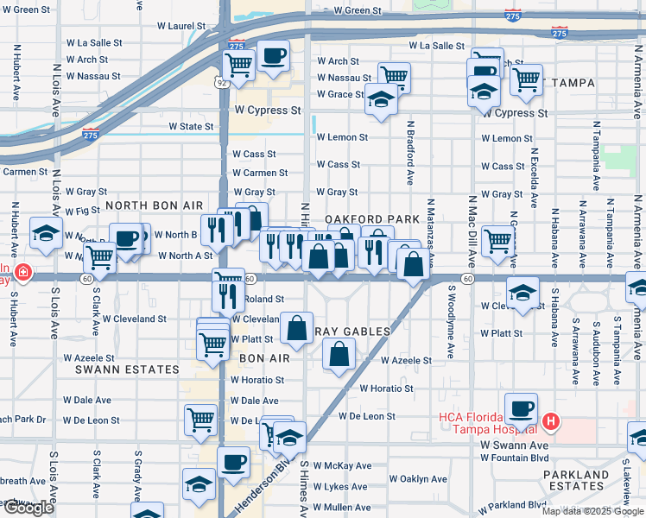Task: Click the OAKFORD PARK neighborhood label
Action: point(371,219)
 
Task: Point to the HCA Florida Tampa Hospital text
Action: point(486,424)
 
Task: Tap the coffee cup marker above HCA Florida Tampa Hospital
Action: point(521,408)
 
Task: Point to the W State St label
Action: point(191,126)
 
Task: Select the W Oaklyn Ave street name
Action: point(418,478)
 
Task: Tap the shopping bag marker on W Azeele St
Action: point(339,353)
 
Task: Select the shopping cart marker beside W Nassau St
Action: point(394,77)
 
